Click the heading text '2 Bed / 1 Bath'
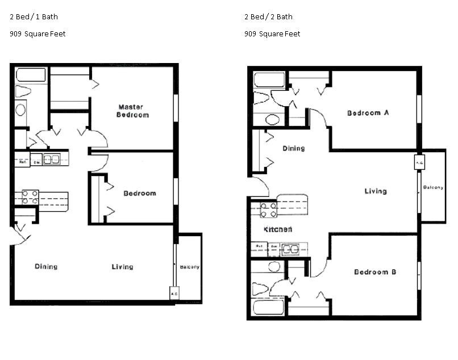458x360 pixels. coord(34,16)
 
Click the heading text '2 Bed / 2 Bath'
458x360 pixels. coord(268,16)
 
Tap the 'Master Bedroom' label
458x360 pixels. coord(132,111)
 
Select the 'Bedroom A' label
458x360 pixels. coord(368,113)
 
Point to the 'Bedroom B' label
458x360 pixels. coord(375,272)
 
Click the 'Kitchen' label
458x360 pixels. coord(278,229)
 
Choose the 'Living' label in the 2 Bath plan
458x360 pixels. coord(375,191)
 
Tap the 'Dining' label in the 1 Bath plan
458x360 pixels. coord(45,266)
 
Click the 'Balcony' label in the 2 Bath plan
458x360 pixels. coord(433,187)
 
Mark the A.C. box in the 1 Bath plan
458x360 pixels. coord(174,294)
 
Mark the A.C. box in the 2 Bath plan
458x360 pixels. coord(419,162)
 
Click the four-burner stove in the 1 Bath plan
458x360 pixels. coord(30,197)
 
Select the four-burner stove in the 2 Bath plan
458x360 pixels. coord(268,210)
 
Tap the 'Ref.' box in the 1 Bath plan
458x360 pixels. coord(22,160)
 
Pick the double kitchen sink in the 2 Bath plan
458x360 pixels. coord(290,248)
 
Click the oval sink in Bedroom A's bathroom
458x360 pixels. coord(272,120)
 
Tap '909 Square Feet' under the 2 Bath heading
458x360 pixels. coord(272,34)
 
